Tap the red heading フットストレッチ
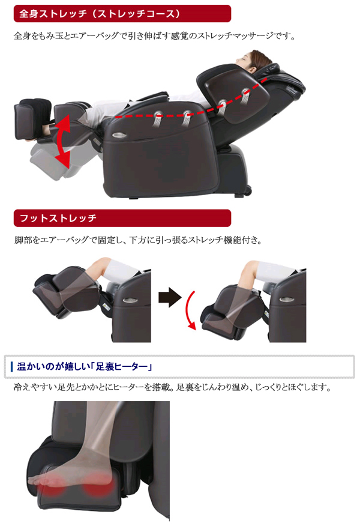(58, 218)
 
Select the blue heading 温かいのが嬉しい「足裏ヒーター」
(85, 366)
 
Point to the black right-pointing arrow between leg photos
(170, 297)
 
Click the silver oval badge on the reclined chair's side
(119, 135)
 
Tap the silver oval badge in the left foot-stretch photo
(129, 300)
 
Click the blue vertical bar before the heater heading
(12, 366)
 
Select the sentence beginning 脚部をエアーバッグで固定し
(138, 240)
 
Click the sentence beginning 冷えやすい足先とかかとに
(172, 387)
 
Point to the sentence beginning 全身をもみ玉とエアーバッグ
(155, 35)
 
